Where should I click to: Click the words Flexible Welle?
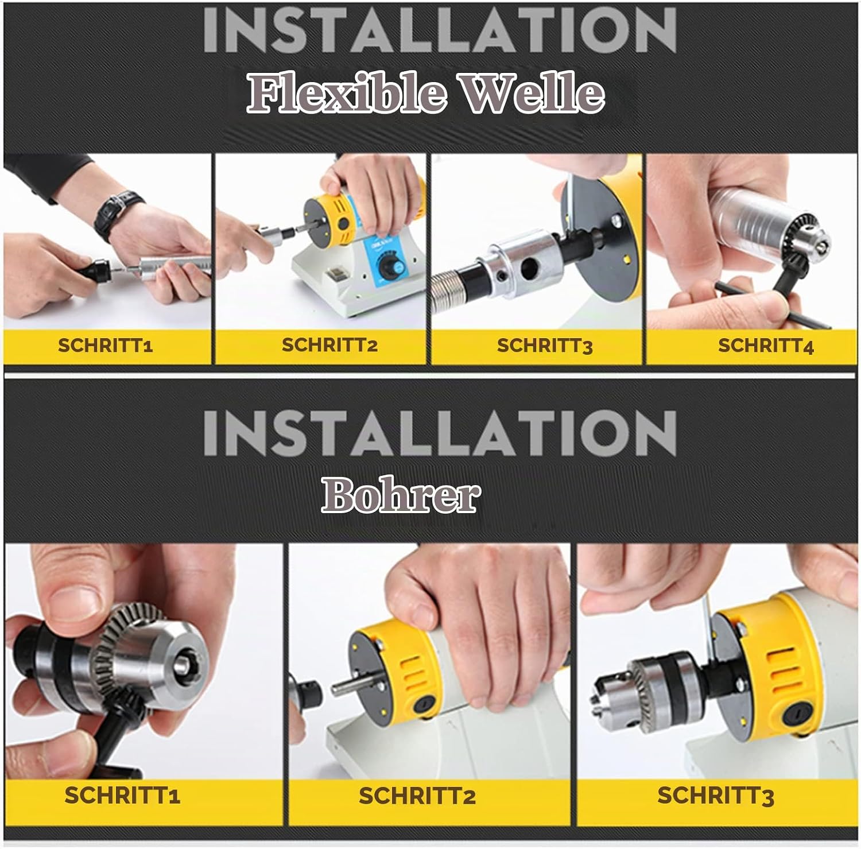425,94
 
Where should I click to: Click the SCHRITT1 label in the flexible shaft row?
105,346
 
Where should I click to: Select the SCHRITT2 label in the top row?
329,345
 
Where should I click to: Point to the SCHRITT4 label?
766,346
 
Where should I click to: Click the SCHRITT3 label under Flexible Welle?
545,346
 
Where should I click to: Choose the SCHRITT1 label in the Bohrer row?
122,796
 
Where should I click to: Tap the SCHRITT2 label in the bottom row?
417,796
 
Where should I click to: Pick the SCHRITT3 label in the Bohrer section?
716,796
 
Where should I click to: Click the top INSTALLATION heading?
440,30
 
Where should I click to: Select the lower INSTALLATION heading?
440,432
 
